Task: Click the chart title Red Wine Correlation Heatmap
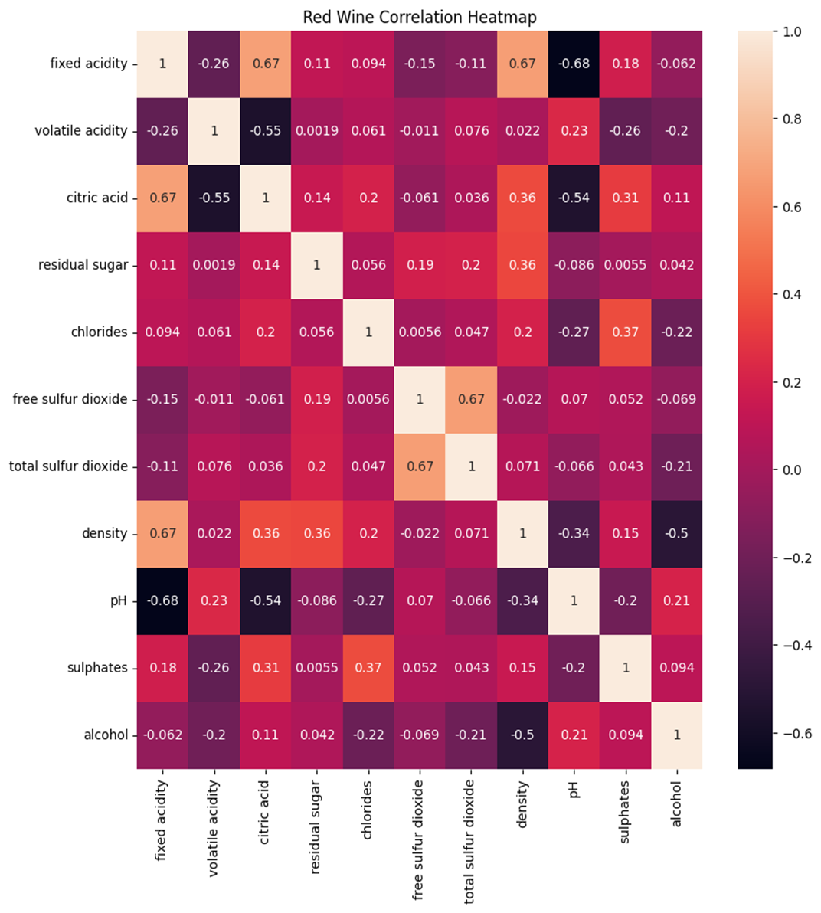coord(420,17)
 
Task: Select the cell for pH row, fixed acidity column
coord(162,600)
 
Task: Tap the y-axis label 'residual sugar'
coord(83,265)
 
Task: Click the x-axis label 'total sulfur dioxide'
coord(470,842)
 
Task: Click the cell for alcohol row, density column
coord(522,735)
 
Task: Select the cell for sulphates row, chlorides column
coord(368,668)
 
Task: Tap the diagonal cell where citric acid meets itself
coord(266,198)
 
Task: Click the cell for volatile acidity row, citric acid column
coord(266,131)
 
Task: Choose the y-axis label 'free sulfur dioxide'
coord(70,399)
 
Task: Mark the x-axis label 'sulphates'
coord(625,812)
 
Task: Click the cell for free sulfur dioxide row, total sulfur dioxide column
coord(471,399)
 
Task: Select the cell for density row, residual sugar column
coord(317,533)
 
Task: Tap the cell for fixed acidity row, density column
coord(522,64)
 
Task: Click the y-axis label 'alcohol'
coord(106,735)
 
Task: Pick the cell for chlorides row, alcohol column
coord(676,332)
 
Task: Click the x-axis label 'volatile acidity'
coord(214,828)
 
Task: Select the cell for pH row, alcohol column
coord(676,600)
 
